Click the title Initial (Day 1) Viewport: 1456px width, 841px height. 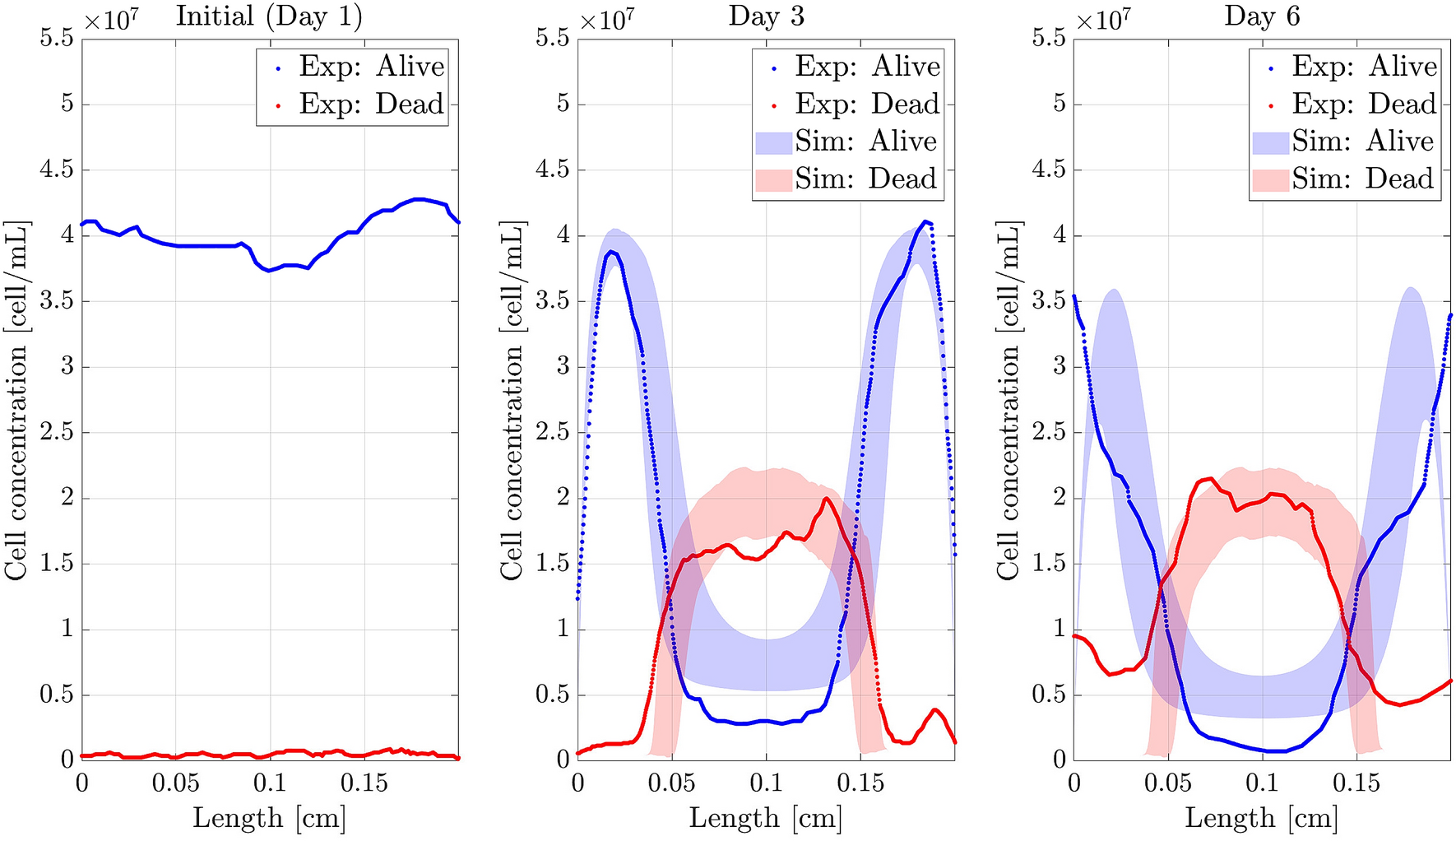(x=269, y=16)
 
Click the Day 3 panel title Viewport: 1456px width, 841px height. (x=766, y=16)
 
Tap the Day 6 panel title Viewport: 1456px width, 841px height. (x=1262, y=16)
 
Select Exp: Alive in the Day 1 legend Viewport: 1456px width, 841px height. (x=370, y=67)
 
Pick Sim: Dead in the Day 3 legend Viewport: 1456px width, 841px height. (x=865, y=179)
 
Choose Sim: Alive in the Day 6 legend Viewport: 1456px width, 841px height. (x=1361, y=142)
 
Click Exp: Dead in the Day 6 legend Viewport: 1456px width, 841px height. (x=1363, y=104)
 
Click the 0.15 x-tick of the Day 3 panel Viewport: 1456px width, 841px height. (x=860, y=783)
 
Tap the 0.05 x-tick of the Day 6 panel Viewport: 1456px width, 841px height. (x=1167, y=783)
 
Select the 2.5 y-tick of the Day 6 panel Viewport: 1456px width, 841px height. (x=1049, y=432)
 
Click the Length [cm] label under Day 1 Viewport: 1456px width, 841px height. (x=269, y=818)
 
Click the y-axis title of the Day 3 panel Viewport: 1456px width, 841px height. (x=512, y=400)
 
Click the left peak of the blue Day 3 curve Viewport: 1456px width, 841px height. (x=610, y=252)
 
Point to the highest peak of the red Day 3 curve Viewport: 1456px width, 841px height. (x=826, y=499)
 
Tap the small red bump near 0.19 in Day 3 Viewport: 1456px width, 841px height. (x=934, y=709)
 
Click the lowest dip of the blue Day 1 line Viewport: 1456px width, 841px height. (x=269, y=271)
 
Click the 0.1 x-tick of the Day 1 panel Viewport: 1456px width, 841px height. (x=269, y=783)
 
